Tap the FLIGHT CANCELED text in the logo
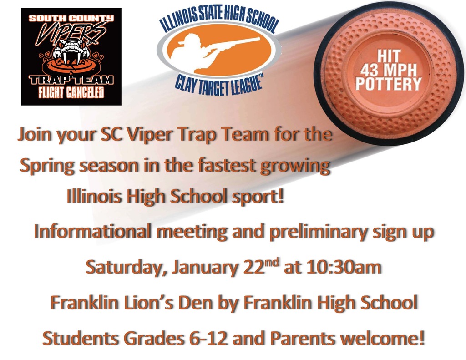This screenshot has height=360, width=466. coord(71,93)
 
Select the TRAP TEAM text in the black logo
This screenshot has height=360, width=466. coord(71,80)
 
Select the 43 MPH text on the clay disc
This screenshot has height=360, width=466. coord(389,70)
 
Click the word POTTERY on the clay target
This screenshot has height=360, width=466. coord(389,84)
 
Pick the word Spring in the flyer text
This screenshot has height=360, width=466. coord(47,166)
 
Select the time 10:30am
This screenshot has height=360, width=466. coord(344,267)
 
